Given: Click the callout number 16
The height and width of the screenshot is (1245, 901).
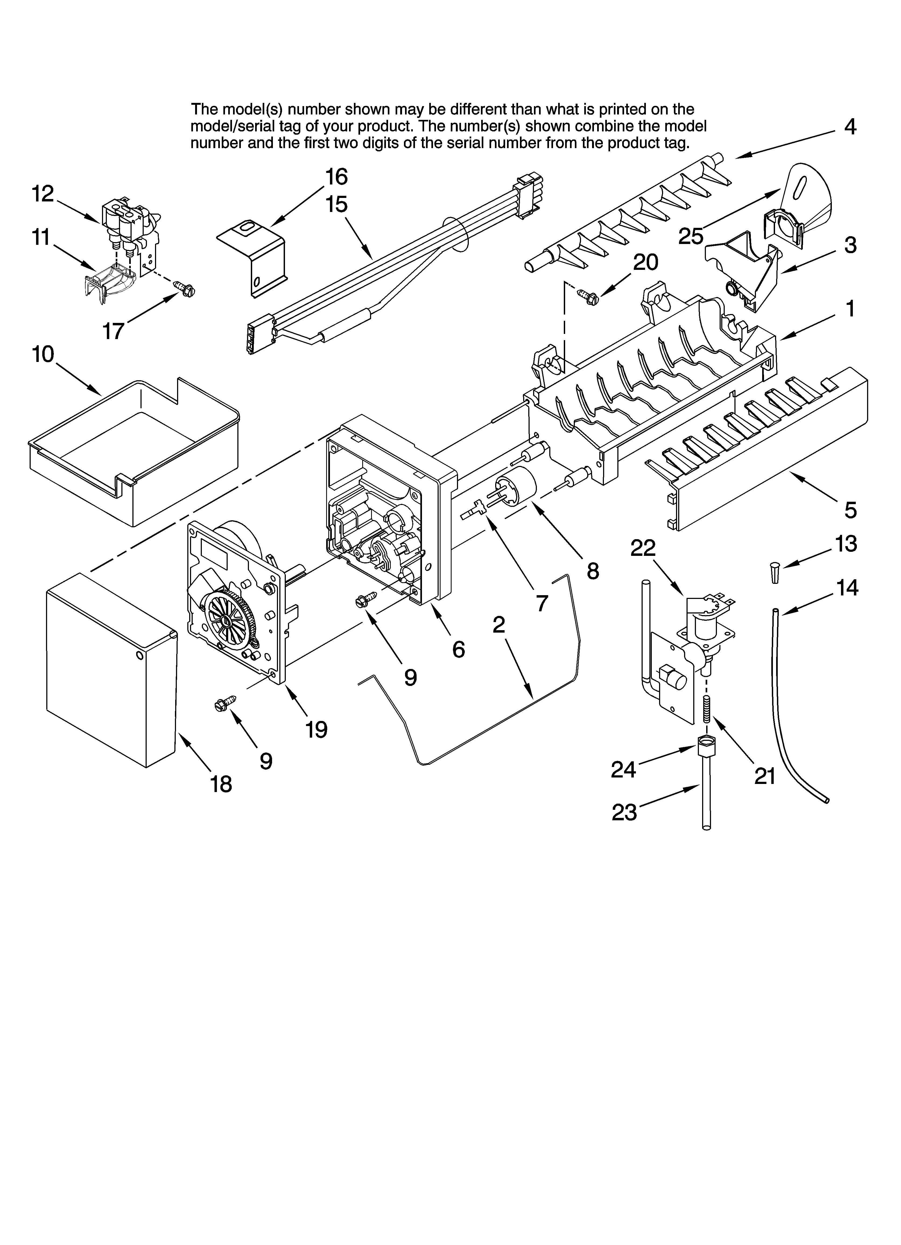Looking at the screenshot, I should pyautogui.click(x=336, y=177).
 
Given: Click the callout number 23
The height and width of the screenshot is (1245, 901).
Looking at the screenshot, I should pyautogui.click(x=624, y=812).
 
